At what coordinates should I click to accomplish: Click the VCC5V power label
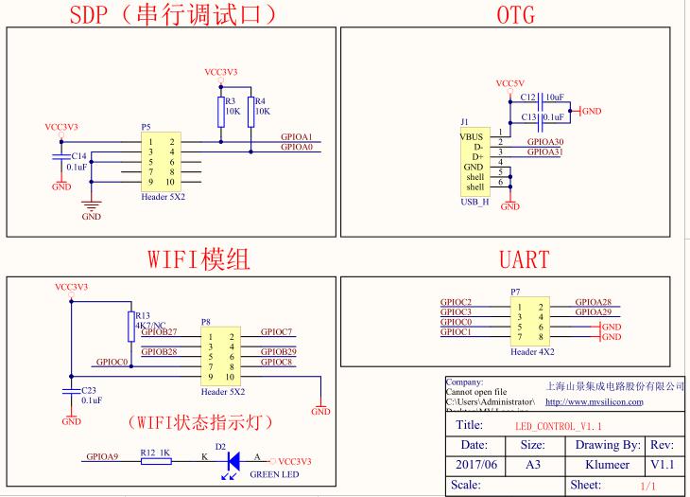click(509, 83)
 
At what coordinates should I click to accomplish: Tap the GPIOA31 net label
click(544, 152)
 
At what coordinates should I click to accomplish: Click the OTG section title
click(514, 15)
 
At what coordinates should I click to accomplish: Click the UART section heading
click(524, 258)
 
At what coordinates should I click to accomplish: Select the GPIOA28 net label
click(594, 302)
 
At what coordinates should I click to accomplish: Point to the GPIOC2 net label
click(456, 302)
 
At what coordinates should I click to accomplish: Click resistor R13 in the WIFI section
click(129, 327)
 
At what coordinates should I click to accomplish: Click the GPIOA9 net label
click(102, 456)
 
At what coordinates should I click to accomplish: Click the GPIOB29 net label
click(279, 352)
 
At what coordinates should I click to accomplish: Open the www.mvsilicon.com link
click(594, 401)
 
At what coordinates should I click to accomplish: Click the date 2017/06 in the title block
click(474, 465)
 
